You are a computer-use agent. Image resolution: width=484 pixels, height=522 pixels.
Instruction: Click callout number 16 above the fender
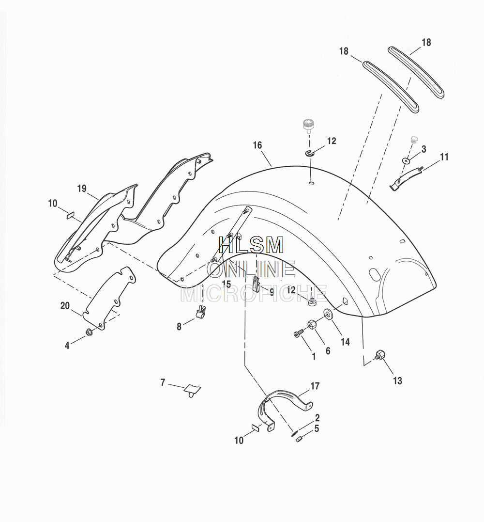(257, 145)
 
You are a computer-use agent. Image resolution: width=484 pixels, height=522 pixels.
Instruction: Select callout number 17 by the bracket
(315, 386)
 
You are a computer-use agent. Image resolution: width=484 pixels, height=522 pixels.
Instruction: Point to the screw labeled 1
(298, 333)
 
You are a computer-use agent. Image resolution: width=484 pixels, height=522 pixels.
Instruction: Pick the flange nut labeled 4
(89, 332)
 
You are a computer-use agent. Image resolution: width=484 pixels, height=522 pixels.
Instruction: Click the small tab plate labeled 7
(193, 389)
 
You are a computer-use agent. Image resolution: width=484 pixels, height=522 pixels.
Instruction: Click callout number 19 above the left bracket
(82, 188)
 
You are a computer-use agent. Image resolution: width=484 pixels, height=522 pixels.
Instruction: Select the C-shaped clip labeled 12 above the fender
(310, 153)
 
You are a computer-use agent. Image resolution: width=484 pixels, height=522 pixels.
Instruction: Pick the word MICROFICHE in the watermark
(254, 294)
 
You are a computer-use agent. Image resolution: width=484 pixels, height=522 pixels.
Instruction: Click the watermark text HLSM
(251, 246)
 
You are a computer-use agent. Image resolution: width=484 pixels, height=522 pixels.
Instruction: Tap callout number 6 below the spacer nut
(328, 351)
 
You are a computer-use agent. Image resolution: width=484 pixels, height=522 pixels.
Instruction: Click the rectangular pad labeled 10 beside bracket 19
(70, 215)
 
